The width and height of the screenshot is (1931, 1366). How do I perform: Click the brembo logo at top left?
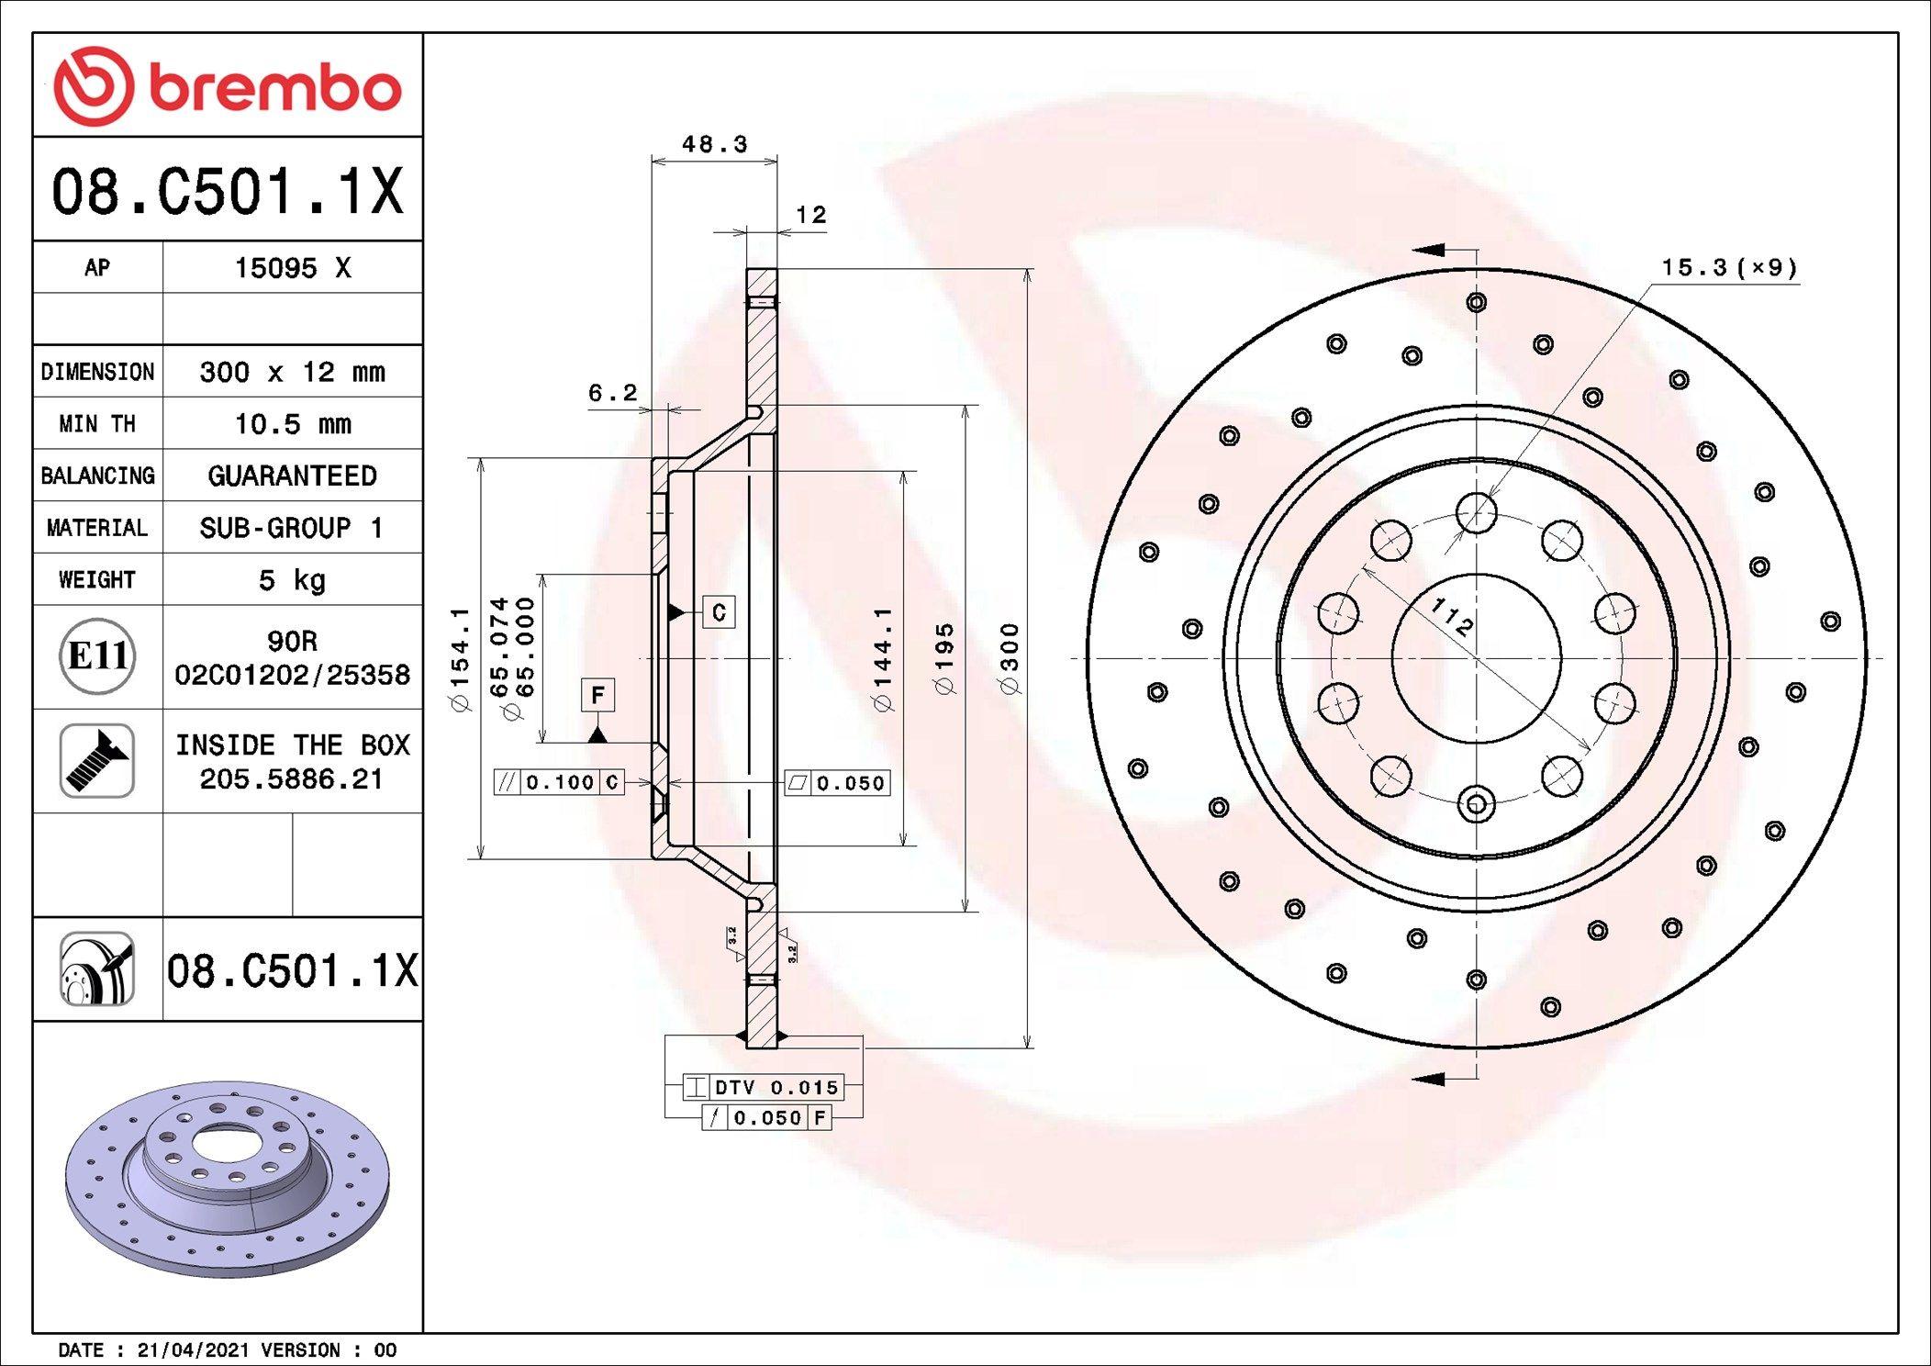pyautogui.click(x=228, y=86)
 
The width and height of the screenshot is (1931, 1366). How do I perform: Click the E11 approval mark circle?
pyautogui.click(x=97, y=656)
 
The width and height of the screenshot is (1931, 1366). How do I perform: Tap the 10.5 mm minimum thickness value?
pyautogui.click(x=293, y=424)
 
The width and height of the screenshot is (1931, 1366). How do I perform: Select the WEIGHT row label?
pyautogui.click(x=97, y=579)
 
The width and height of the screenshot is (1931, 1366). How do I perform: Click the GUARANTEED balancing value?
pyautogui.click(x=293, y=476)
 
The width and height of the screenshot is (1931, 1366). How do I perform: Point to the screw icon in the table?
pyautogui.click(x=97, y=760)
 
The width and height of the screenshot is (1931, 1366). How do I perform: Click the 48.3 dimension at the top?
pyautogui.click(x=715, y=144)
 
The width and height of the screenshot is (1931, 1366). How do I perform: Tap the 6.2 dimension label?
pyautogui.click(x=612, y=393)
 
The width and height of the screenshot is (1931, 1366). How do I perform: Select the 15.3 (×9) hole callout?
pyautogui.click(x=1729, y=267)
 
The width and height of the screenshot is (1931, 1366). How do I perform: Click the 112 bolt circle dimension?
pyautogui.click(x=1453, y=617)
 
